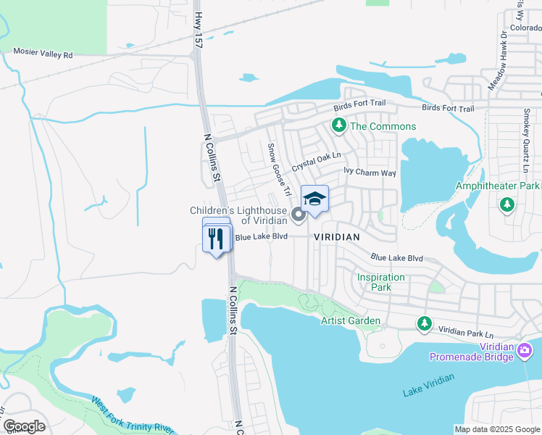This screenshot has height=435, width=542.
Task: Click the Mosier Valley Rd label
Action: click(43, 54)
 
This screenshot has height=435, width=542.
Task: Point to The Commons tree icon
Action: click(338, 126)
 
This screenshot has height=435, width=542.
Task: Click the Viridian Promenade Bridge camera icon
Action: click(526, 350)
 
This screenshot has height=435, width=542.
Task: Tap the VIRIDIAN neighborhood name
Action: click(336, 237)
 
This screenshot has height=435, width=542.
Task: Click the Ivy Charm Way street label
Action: click(370, 173)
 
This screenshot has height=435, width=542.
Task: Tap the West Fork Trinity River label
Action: click(132, 415)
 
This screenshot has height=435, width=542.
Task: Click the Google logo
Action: click(24, 426)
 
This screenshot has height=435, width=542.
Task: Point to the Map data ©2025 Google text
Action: click(497, 429)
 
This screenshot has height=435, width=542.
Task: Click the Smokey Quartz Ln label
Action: click(527, 141)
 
